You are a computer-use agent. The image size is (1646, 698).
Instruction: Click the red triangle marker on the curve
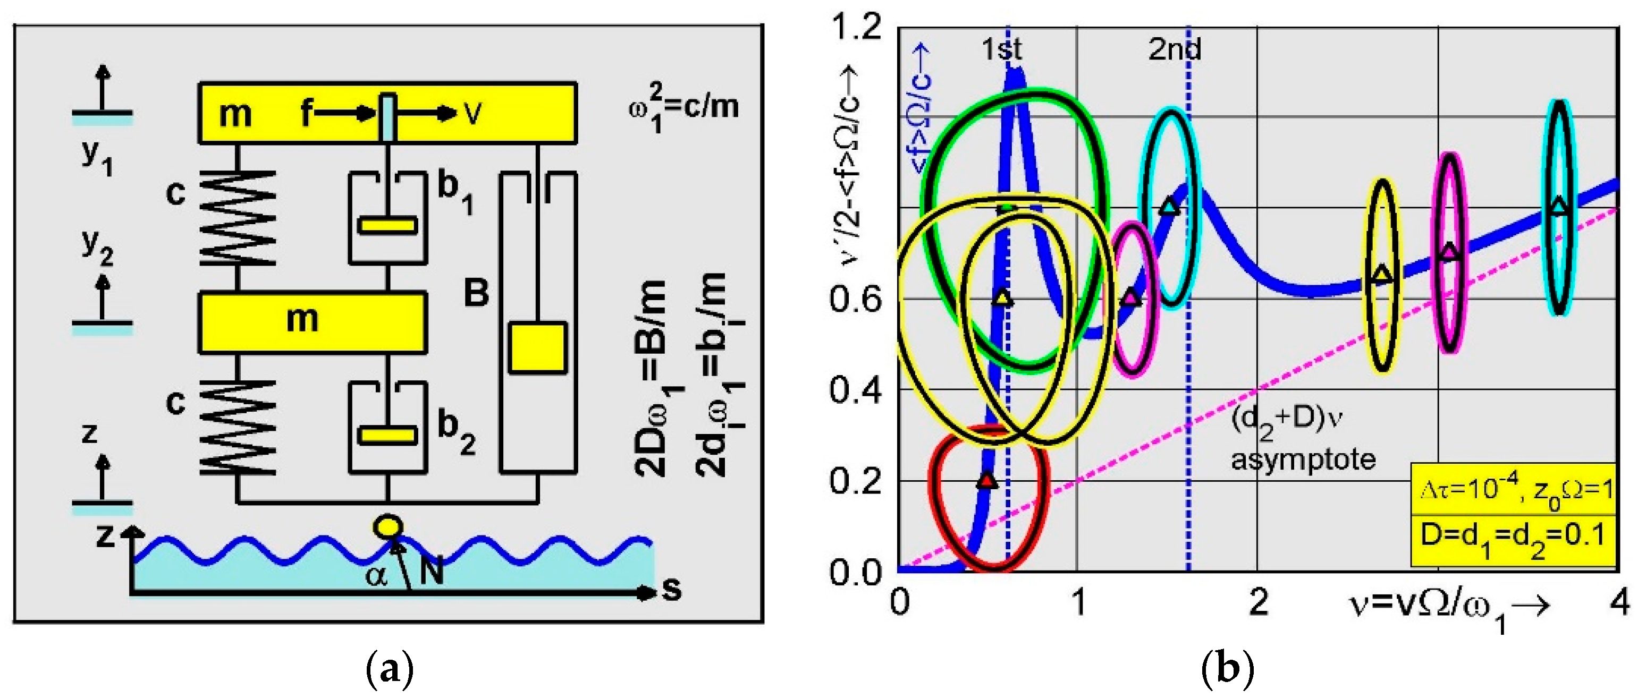pos(987,480)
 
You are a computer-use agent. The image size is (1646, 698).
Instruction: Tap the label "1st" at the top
pos(1001,49)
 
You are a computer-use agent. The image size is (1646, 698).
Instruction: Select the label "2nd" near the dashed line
pos(1175,49)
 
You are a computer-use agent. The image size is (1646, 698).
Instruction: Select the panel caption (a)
pos(390,669)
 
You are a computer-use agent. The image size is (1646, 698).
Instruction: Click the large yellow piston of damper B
pos(537,348)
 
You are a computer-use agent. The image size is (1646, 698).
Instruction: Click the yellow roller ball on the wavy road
pos(387,527)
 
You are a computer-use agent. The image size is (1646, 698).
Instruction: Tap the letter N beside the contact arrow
pos(432,571)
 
